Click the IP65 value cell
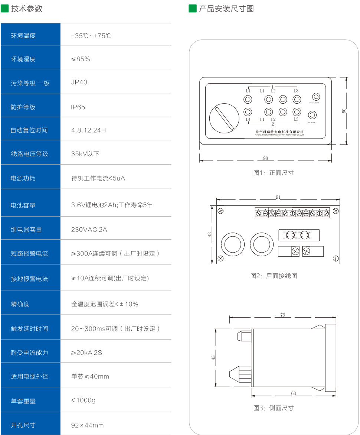[x=78, y=107]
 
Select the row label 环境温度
[x=23, y=36]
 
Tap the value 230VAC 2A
[x=89, y=230]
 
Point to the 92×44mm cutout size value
[x=87, y=425]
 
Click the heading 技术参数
[x=26, y=9]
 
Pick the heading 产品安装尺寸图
[x=226, y=9]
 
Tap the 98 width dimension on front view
[x=266, y=158]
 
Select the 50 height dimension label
[x=344, y=111]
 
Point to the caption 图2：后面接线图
[x=274, y=276]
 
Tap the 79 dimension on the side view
[x=283, y=315]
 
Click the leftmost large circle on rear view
[x=233, y=246]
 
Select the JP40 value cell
[x=79, y=82]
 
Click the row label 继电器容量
[x=26, y=230]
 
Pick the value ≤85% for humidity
[x=81, y=59]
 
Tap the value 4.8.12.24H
[x=88, y=130]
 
